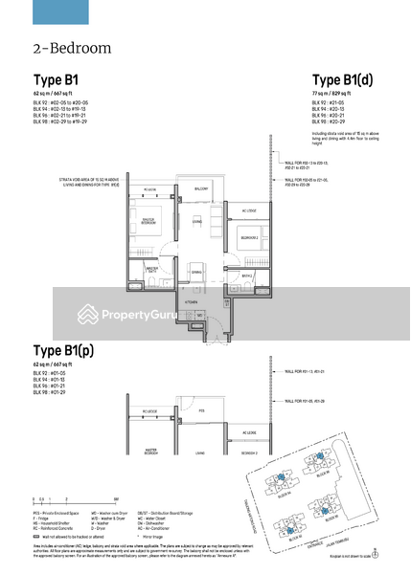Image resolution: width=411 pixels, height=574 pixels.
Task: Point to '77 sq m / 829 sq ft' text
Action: (x=336, y=96)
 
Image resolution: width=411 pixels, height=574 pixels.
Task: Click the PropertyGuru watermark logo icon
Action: (x=90, y=314)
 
